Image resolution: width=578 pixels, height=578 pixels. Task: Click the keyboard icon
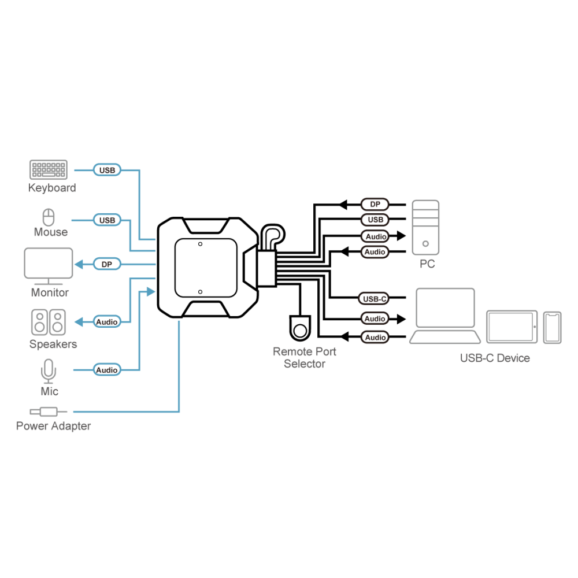(49, 169)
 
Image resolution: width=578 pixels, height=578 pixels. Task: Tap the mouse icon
(49, 217)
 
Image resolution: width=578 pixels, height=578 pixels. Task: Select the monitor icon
(49, 266)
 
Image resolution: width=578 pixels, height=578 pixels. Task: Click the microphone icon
(49, 371)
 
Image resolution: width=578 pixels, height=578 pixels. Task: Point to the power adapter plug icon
(49, 412)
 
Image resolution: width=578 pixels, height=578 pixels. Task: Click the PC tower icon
(425, 227)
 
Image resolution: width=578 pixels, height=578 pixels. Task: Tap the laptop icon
(445, 316)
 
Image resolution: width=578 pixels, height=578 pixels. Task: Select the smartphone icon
(552, 328)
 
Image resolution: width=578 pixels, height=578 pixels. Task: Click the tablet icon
(512, 327)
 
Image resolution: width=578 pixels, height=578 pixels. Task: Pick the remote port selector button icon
(300, 328)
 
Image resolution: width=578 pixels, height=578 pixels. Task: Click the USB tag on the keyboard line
(107, 170)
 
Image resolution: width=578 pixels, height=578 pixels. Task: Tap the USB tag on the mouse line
(107, 220)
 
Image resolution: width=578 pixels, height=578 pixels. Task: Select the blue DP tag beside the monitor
(107, 264)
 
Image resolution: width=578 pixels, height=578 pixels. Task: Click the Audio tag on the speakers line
(107, 322)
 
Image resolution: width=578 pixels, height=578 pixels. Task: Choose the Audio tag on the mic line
(107, 370)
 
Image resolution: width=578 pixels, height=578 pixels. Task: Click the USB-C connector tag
(374, 299)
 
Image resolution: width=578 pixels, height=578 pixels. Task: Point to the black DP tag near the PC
(375, 204)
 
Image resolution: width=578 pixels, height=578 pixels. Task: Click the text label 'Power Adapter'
(53, 426)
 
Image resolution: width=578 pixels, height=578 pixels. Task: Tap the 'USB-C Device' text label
(495, 358)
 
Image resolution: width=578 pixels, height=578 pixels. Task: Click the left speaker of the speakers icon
(39, 322)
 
